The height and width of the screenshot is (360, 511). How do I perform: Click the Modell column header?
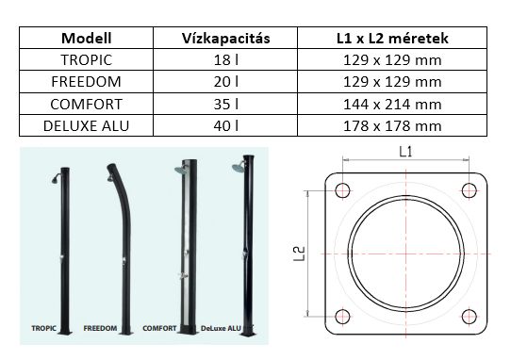pos(87,38)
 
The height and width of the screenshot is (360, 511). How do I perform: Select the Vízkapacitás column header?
pos(226,38)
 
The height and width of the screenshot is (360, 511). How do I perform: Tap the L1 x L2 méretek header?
pos(392,38)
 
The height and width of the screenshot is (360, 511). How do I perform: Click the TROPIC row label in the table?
pos(87,60)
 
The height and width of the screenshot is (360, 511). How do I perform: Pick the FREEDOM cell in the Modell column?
pos(87,82)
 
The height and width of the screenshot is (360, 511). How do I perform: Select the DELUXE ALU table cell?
pos(87,125)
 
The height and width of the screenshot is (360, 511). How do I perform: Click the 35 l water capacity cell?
pos(226,104)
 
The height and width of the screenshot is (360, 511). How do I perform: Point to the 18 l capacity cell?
pos(226,60)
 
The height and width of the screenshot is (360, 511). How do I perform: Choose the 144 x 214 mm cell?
pos(392,104)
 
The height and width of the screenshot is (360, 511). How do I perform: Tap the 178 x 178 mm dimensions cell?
pos(392,125)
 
